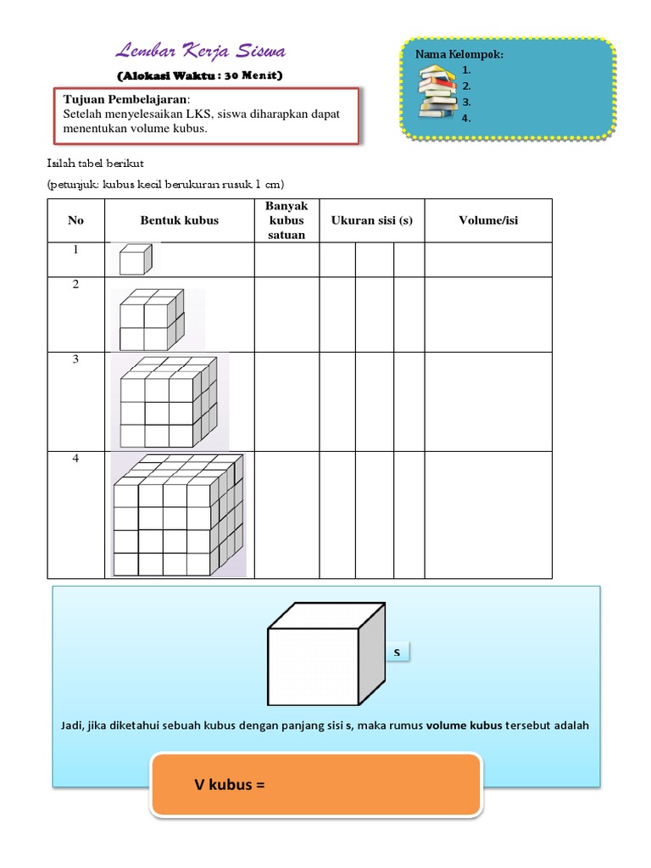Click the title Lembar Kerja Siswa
coord(200,52)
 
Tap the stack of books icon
coord(437,92)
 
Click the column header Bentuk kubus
coord(179,220)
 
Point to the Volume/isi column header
coord(488,220)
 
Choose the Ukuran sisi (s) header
coord(372,220)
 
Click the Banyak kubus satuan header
coord(287,220)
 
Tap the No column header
coord(76,220)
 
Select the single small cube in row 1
coord(134,259)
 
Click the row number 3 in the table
coord(76,359)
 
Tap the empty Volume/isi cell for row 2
coord(488,314)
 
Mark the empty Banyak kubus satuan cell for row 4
coord(287,515)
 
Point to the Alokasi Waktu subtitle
coord(200,75)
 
